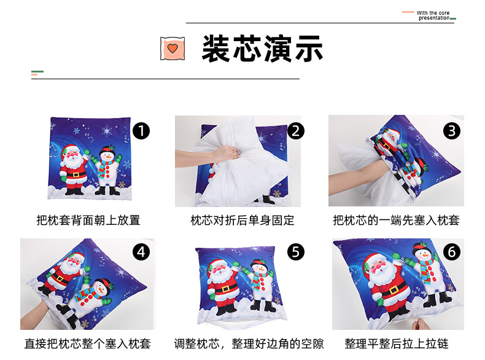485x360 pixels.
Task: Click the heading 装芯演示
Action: pyautogui.click(x=262, y=49)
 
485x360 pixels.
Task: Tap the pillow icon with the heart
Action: pyautogui.click(x=173, y=49)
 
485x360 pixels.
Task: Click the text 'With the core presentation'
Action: pyautogui.click(x=433, y=15)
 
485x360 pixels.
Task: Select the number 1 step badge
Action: pyautogui.click(x=141, y=131)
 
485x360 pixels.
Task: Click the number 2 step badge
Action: pyautogui.click(x=296, y=131)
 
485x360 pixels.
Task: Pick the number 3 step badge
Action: pyautogui.click(x=451, y=131)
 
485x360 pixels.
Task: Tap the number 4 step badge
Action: pyautogui.click(x=141, y=252)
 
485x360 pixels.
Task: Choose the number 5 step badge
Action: pyautogui.click(x=296, y=252)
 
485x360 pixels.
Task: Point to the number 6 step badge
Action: pyautogui.click(x=451, y=252)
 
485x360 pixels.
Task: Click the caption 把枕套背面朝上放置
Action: pyautogui.click(x=88, y=220)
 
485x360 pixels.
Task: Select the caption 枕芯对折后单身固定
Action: pyautogui.click(x=243, y=220)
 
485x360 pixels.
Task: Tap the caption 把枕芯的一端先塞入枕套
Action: pyautogui.click(x=396, y=220)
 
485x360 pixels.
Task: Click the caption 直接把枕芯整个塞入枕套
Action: pyautogui.click(x=88, y=343)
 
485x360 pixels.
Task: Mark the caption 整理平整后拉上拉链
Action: pyautogui.click(x=397, y=343)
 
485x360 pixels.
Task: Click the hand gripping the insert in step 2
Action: pyautogui.click(x=227, y=153)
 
